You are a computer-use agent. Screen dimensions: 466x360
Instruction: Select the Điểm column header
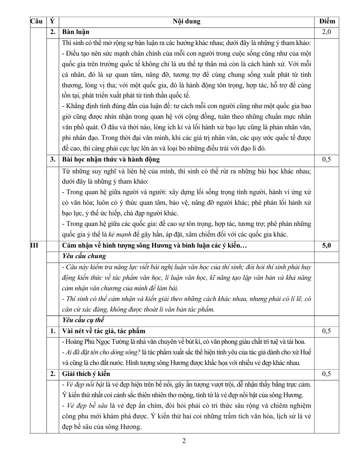327,21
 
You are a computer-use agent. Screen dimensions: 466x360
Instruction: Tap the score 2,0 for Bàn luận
327,32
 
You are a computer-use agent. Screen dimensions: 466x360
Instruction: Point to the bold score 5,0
327,245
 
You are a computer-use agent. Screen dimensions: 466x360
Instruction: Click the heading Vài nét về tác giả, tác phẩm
104,331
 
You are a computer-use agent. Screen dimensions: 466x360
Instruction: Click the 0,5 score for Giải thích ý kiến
327,373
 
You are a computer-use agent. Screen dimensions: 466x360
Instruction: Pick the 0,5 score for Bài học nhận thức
327,159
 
